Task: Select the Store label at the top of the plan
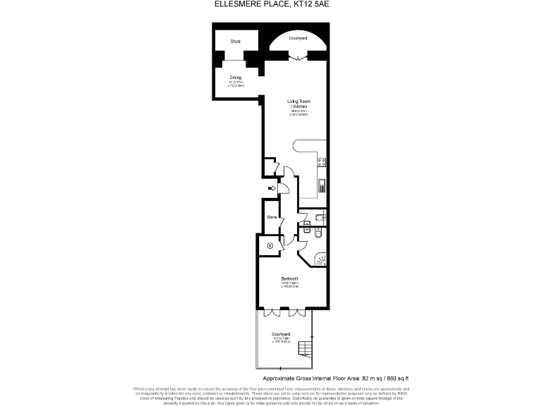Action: (x=235, y=42)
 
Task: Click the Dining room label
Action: (x=235, y=78)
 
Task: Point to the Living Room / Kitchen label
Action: (x=298, y=104)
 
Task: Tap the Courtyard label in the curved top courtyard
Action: (x=298, y=37)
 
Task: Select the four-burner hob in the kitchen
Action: (x=322, y=163)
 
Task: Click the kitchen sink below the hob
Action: (x=322, y=185)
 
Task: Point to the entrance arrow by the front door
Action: (x=272, y=188)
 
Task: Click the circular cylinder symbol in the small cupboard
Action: (x=270, y=245)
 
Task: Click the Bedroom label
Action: (x=289, y=279)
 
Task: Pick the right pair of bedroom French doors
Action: (x=299, y=311)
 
